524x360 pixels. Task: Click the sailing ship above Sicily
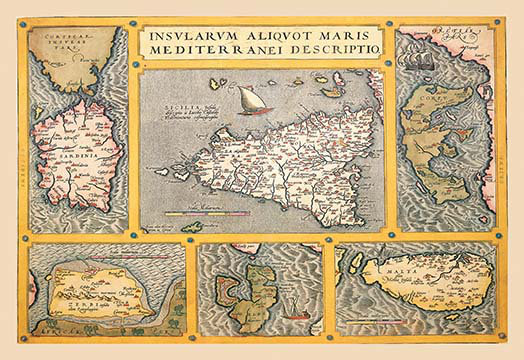pos(247,98)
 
